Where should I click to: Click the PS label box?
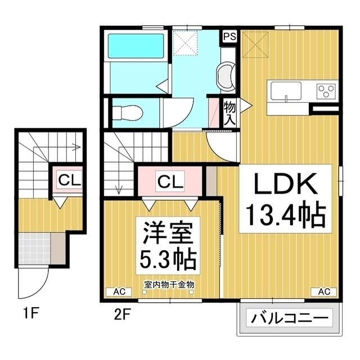pos(230,37)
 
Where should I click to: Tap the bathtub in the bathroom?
pos(136,46)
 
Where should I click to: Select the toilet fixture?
pos(128,113)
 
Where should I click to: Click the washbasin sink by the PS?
pos(226,75)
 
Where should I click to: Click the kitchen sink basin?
pos(286,91)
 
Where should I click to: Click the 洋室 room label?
pos(168,233)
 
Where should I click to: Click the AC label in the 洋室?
pos(119,291)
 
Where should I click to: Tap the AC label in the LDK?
pos(324,291)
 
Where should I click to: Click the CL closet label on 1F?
pos(69,181)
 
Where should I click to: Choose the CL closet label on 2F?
pos(170,182)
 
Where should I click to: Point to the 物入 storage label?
pos(230,113)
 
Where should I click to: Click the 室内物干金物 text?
pos(169,285)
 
